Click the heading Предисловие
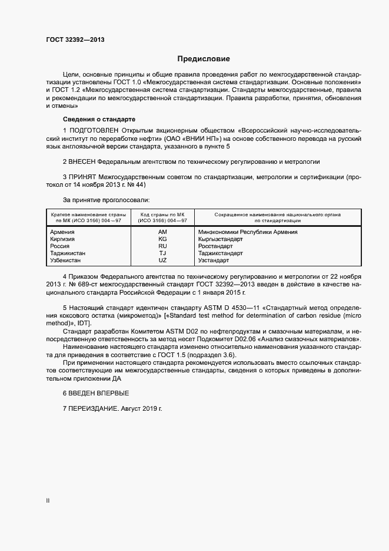[x=204, y=59]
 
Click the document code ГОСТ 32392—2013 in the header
[x=75, y=41]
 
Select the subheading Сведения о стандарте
[x=90, y=119]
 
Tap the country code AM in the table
[x=163, y=232]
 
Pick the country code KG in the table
[x=163, y=239]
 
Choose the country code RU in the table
[x=163, y=246]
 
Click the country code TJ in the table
[x=163, y=253]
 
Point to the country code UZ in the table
[x=163, y=260]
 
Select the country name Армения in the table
[x=62, y=232]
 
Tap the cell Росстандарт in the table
[x=216, y=246]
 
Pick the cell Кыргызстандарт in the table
[x=221, y=239]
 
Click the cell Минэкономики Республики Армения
[x=248, y=232]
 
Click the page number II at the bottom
[x=48, y=500]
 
